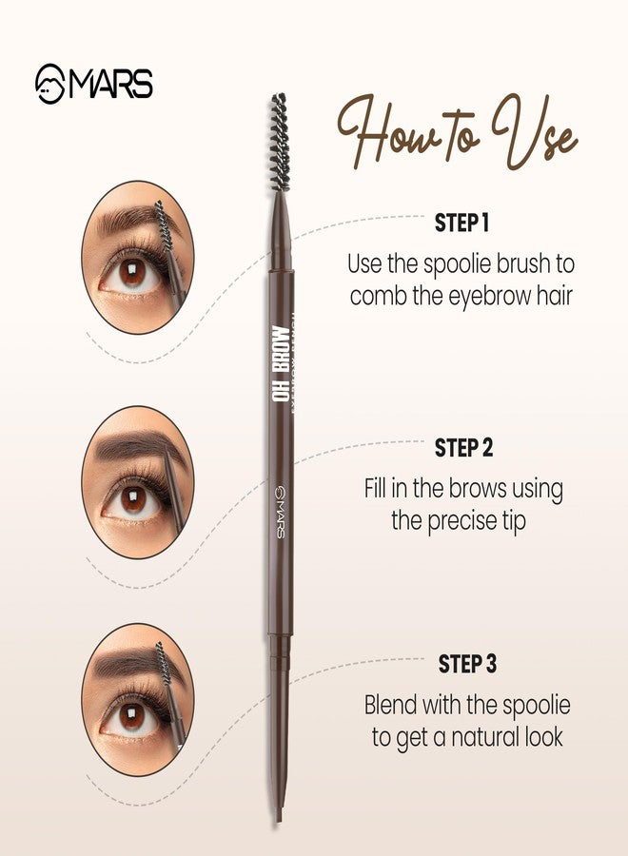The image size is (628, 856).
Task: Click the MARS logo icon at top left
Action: (x=49, y=84)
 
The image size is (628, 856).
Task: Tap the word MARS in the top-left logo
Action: (x=109, y=84)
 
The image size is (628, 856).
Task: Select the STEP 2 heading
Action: (x=464, y=447)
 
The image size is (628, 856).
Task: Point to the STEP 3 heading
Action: (x=466, y=664)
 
